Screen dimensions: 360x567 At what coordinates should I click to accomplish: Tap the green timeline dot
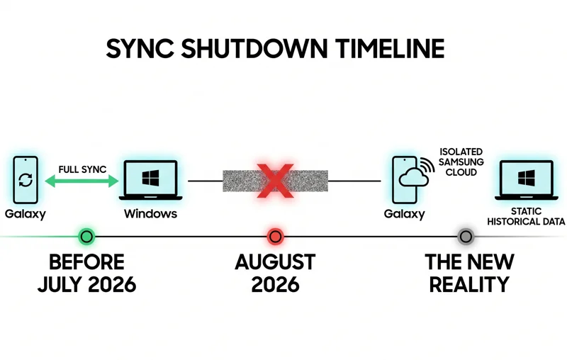(86, 236)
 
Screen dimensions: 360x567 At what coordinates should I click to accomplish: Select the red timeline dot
(275, 236)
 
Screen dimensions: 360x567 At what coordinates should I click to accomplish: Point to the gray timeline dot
(466, 236)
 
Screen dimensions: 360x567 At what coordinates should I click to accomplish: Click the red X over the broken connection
(274, 181)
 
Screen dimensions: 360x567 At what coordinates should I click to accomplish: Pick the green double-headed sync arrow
(82, 181)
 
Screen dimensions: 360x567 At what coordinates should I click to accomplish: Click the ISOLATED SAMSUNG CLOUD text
(461, 162)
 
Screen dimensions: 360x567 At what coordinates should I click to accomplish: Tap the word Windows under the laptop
(150, 213)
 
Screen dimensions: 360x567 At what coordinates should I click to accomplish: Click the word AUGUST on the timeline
(275, 261)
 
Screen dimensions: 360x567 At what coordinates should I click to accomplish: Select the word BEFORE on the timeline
(86, 261)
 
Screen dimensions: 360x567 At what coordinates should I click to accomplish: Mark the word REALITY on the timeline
(468, 285)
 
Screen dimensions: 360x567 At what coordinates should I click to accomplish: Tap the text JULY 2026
(86, 285)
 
